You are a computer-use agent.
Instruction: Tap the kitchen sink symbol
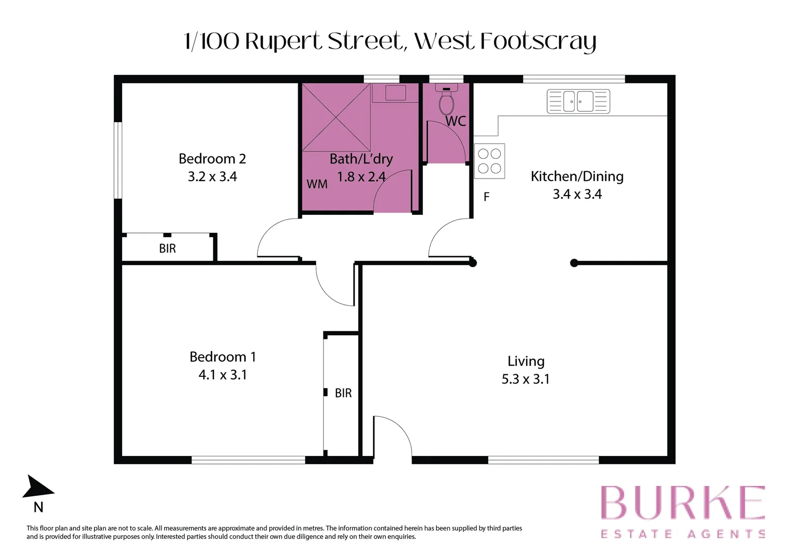point(578,101)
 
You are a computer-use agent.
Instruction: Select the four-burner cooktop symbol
point(489,161)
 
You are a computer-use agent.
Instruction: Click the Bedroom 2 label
point(212,159)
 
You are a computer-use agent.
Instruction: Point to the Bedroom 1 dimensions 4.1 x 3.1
point(223,375)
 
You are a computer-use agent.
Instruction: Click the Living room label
point(525,361)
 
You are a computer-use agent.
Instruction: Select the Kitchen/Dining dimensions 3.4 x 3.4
point(577,194)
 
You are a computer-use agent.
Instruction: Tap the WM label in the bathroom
point(317,184)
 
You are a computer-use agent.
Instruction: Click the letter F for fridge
point(486,197)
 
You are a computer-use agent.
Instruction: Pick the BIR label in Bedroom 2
point(167,249)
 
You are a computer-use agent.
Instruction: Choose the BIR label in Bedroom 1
point(343,393)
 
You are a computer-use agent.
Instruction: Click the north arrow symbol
point(38,488)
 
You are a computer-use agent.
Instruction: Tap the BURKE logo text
point(682,503)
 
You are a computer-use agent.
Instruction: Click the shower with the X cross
point(336,117)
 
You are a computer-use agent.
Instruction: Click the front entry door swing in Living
point(392,435)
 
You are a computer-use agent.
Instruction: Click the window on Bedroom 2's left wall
point(118,160)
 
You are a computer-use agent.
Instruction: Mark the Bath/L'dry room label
point(361,159)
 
